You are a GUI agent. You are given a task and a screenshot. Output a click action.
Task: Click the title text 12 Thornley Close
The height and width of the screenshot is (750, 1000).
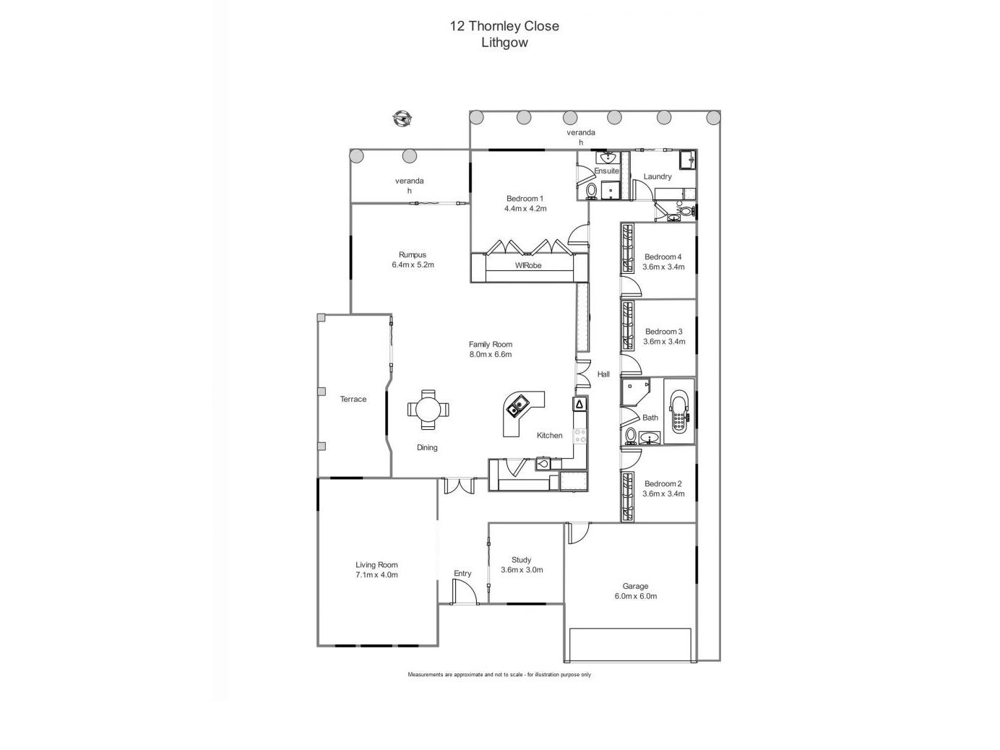click(504, 26)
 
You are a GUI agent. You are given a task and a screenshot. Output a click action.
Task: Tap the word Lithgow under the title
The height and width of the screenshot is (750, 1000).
click(504, 42)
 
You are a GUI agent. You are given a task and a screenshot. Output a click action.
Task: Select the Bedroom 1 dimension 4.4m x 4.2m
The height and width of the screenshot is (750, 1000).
click(525, 209)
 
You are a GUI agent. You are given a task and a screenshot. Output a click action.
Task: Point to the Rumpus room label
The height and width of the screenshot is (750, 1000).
click(413, 254)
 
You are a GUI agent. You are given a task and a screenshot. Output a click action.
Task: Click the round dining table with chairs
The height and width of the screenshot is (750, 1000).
click(428, 410)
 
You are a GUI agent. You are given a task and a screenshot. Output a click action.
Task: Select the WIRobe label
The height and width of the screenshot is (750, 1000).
click(528, 265)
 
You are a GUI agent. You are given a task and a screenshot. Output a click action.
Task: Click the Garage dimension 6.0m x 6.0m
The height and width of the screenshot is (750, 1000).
click(635, 596)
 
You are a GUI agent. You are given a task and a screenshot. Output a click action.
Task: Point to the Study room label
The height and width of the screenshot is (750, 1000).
click(521, 559)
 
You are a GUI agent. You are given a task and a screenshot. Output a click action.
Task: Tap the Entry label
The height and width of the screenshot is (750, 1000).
click(462, 573)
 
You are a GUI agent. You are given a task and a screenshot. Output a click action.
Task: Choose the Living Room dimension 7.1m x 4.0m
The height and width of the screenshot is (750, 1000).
click(376, 575)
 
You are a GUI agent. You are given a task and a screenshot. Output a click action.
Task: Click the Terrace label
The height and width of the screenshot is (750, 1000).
click(353, 399)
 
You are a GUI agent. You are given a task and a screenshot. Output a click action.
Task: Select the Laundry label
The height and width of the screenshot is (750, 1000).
click(658, 176)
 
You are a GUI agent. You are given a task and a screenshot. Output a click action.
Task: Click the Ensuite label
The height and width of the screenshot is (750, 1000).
click(606, 171)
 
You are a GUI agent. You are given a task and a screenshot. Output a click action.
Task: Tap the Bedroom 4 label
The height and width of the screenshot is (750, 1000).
click(663, 257)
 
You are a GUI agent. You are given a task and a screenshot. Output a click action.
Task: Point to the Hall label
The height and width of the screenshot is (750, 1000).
click(603, 374)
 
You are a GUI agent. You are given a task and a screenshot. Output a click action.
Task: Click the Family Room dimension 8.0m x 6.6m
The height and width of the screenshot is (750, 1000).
click(490, 355)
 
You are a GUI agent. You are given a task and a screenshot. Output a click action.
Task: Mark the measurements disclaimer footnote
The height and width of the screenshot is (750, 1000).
click(499, 675)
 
